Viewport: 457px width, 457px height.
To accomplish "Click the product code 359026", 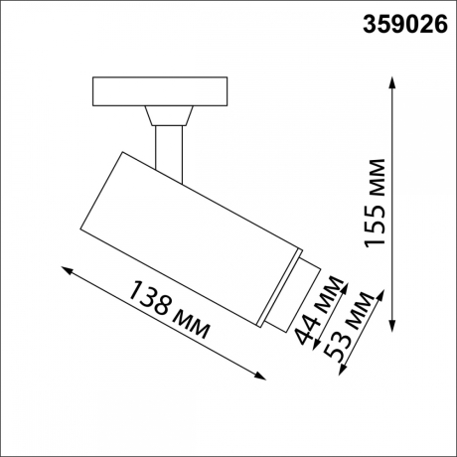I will pyautogui.click(x=401, y=23).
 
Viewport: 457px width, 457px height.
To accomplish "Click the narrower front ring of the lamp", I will pyautogui.click(x=289, y=293).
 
